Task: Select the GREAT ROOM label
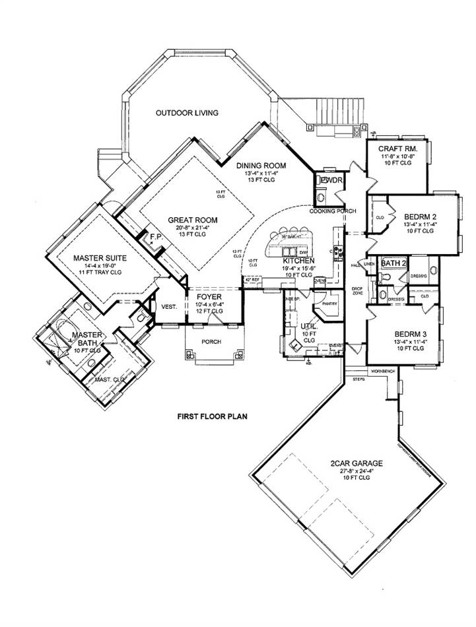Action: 193,220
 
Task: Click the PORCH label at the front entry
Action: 212,341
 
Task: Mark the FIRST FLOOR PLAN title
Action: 211,417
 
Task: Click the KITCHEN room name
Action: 297,261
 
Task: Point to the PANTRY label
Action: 329,304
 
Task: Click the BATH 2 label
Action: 393,263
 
